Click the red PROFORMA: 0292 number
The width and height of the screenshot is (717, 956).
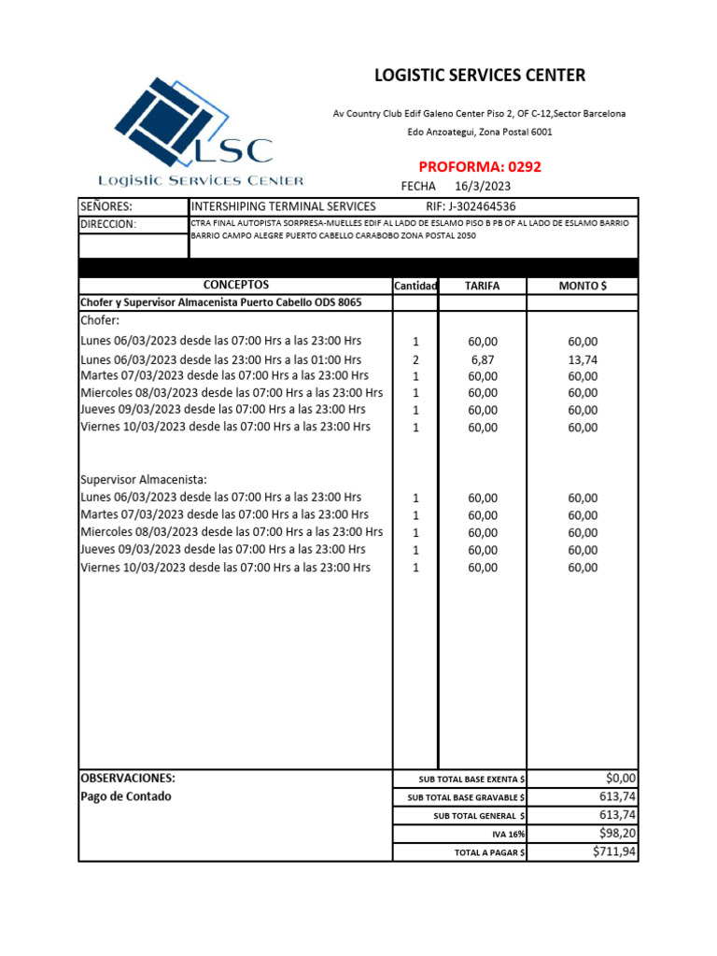[480, 167]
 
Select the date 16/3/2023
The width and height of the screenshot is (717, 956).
[482, 187]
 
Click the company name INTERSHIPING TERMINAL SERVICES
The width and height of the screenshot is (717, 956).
[283, 206]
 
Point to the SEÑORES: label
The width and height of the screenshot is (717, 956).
[106, 206]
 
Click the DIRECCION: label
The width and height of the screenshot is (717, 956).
[108, 224]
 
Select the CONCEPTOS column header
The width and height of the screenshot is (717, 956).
[235, 285]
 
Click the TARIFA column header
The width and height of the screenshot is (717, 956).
[482, 286]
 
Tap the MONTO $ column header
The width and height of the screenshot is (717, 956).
[583, 286]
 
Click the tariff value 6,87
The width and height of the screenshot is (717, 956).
[483, 359]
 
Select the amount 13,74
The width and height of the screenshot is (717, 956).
[583, 359]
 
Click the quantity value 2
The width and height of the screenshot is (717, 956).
[415, 359]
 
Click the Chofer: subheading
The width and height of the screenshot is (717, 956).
[101, 320]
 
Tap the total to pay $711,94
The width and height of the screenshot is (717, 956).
[614, 851]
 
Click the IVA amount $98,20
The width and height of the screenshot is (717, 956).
[617, 833]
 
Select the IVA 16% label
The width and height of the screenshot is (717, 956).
[508, 835]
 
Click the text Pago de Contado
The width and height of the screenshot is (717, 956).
[126, 796]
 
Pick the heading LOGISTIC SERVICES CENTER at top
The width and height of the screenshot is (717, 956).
[480, 76]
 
